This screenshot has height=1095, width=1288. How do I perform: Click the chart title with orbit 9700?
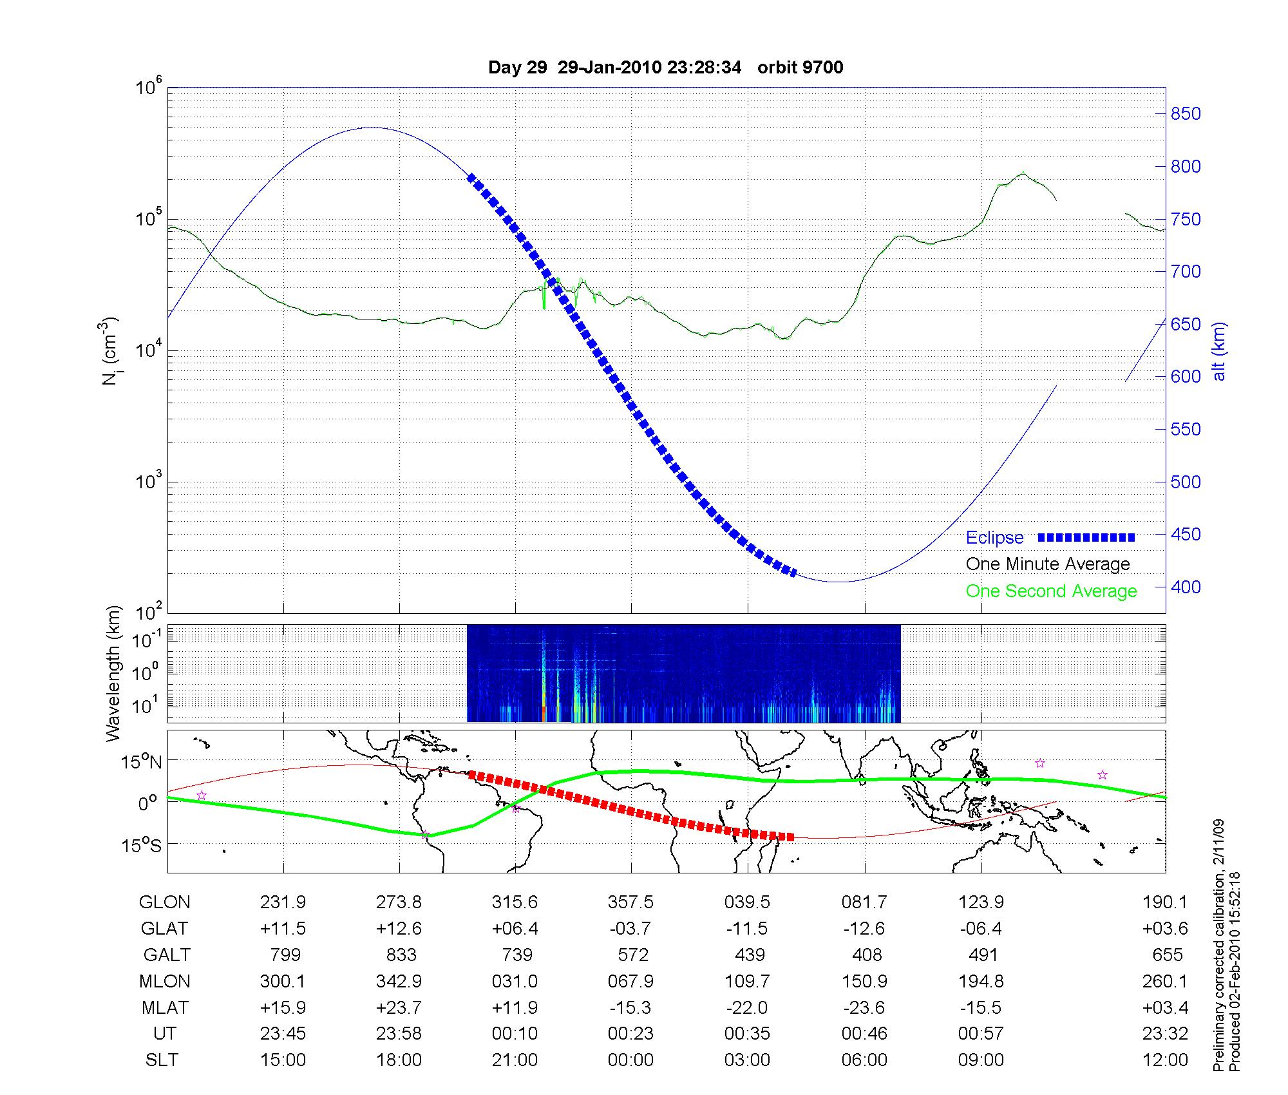665,68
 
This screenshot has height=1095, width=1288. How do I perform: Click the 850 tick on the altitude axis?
1186,114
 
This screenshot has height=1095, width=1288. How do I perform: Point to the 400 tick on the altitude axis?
1186,587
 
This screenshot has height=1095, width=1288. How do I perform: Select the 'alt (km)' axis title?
1219,351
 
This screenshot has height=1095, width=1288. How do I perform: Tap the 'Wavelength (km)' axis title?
113,673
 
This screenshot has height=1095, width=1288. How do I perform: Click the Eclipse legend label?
994,538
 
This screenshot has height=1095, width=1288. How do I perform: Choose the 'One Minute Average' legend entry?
1048,564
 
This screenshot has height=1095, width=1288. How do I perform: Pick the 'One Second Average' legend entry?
1051,591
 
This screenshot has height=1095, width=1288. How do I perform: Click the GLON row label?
164,902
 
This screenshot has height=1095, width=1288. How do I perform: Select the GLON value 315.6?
515,902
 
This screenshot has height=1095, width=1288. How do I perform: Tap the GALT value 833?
401,955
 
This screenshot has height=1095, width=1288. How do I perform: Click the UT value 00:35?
747,1034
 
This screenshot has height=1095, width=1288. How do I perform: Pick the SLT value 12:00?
1164,1060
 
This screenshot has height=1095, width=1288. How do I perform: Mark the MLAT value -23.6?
864,1007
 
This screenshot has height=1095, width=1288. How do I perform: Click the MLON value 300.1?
283,981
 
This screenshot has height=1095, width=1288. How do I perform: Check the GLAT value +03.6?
1164,929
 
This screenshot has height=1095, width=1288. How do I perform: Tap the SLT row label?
162,1060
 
